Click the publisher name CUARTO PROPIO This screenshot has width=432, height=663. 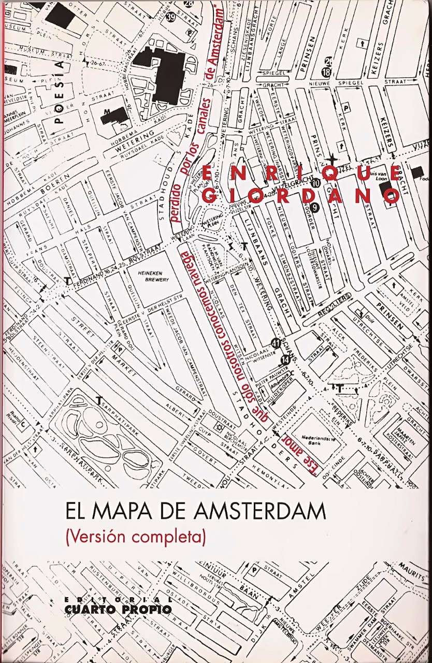pos(119,609)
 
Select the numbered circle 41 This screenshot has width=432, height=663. pos(276,342)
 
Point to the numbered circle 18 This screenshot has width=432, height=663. pos(326,72)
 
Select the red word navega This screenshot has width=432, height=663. pos(183,269)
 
